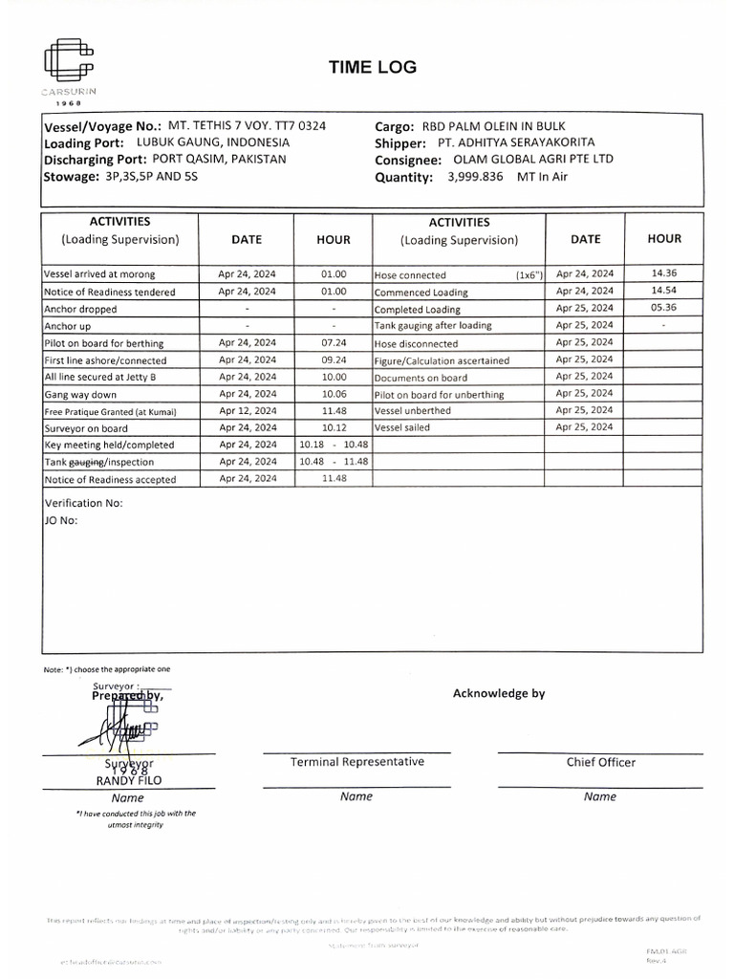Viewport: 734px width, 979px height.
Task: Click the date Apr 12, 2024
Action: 247,411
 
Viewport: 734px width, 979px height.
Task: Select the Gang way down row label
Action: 80,395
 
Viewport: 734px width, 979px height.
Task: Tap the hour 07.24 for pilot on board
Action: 334,343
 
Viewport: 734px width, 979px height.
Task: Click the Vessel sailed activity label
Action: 402,428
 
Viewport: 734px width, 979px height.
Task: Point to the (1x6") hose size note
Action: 529,274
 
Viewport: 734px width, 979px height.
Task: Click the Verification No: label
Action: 84,503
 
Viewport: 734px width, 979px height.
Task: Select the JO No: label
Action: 61,521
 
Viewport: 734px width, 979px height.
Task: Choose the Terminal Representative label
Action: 357,762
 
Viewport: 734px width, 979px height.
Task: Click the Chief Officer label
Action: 600,762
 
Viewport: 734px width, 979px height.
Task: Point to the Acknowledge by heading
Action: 498,693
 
